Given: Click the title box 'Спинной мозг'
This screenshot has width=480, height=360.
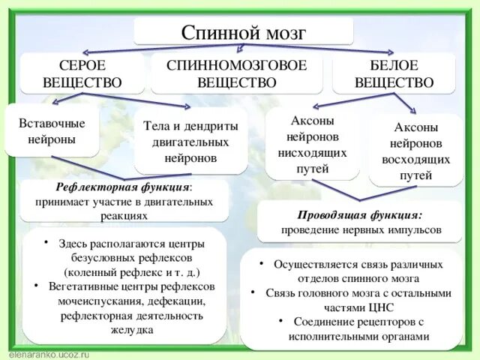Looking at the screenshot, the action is (244, 32).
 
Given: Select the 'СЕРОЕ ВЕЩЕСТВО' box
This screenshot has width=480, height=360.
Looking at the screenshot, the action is (82, 73).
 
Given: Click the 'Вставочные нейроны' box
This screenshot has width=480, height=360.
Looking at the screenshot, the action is (52, 130).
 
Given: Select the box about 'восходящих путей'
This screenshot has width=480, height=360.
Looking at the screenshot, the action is (416, 151).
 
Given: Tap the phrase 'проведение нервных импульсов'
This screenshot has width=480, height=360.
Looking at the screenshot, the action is (361, 229).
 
